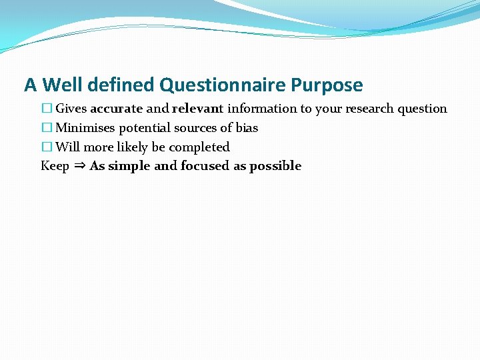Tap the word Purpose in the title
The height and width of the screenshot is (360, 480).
pos(327,85)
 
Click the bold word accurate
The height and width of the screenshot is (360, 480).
pos(116,109)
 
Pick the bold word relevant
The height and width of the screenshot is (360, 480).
pos(197,109)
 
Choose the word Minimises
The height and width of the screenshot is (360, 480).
pos(85,128)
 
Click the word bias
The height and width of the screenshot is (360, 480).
pos(247,128)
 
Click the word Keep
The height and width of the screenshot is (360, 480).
pos(55,166)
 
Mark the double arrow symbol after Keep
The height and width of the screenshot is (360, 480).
pos(79,166)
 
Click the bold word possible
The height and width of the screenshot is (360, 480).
pos(275,166)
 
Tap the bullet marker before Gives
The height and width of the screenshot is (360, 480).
pos(46,109)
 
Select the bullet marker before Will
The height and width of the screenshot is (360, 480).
pos(46,147)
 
